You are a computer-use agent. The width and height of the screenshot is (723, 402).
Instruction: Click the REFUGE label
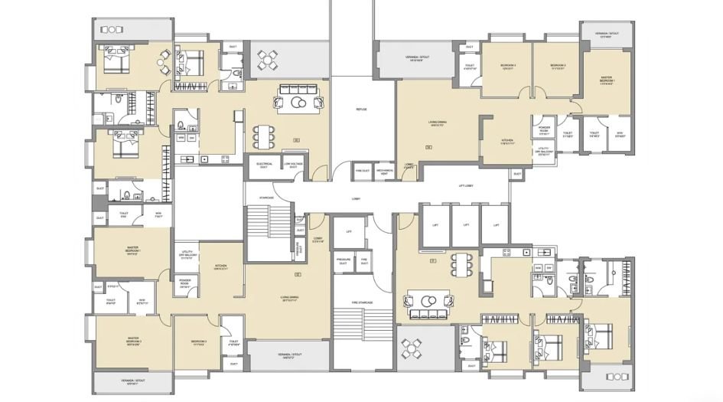[x=361, y=109]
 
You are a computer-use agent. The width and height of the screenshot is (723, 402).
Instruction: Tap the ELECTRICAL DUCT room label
[x=265, y=165]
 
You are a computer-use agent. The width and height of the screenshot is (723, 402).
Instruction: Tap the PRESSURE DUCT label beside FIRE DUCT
[x=344, y=261]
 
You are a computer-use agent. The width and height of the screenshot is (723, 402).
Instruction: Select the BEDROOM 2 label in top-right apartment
[x=557, y=67]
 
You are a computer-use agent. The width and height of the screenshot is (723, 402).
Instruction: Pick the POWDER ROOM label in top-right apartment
[x=545, y=129]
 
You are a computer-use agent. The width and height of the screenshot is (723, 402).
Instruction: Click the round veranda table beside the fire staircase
[x=414, y=348]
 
